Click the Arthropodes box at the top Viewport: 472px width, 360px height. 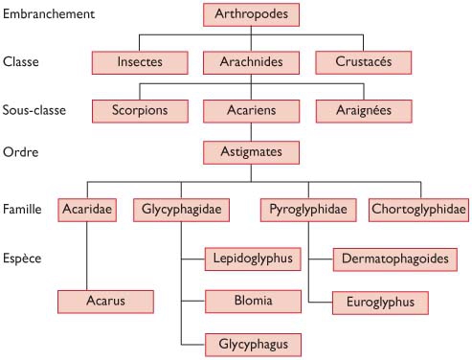tap(252, 15)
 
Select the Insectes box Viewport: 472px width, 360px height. tap(140, 62)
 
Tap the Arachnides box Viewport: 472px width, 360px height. tap(252, 62)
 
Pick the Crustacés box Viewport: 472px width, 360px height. tap(365, 62)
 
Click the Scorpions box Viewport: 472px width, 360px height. tap(140, 110)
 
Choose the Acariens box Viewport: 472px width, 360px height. tap(252, 110)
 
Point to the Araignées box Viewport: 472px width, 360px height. tap(365, 110)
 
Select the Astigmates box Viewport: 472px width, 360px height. tap(252, 151)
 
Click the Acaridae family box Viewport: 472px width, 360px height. tap(87, 209)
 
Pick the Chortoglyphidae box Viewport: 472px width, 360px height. tap(418, 209)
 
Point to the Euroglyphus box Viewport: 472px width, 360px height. tap(380, 302)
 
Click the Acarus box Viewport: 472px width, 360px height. tap(105, 302)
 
